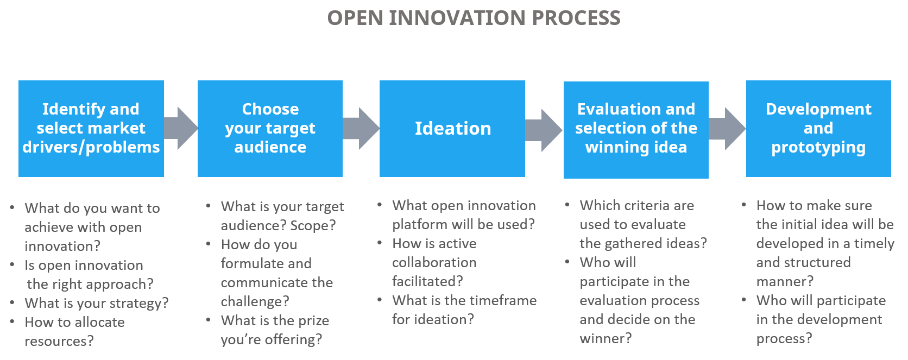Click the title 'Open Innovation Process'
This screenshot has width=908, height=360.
[x=474, y=18]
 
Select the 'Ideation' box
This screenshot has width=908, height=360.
[x=452, y=129]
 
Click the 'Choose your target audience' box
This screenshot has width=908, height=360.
[x=270, y=129]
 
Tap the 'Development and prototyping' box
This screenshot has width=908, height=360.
[x=818, y=129]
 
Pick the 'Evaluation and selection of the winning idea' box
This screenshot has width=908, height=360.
[x=636, y=129]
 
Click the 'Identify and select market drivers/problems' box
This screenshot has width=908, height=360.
[x=91, y=129]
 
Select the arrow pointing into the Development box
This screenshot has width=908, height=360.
[x=727, y=129]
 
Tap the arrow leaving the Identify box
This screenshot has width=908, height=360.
[x=180, y=129]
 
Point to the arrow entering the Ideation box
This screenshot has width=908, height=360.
[x=361, y=129]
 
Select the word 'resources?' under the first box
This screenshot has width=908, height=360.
[x=59, y=341]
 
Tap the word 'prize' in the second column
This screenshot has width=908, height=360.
[x=313, y=321]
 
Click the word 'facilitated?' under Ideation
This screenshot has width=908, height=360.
[x=427, y=281]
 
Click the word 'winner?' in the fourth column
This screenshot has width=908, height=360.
[x=606, y=338]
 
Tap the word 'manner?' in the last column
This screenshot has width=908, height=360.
[x=785, y=281]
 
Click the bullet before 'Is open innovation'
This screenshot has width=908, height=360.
[x=12, y=264]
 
